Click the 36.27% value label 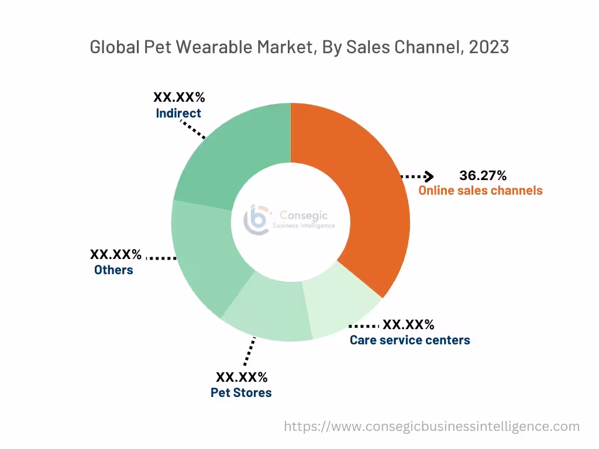tap(483, 175)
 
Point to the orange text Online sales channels tap(480, 191)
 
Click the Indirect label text tap(178, 113)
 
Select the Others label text tap(113, 270)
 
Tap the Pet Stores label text tap(241, 393)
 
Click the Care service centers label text tap(409, 340)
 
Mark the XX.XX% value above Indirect tap(179, 98)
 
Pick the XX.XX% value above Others tap(115, 255)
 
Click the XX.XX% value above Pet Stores tap(242, 377)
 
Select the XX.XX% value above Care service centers tap(408, 325)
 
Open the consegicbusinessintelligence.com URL tap(432, 427)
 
